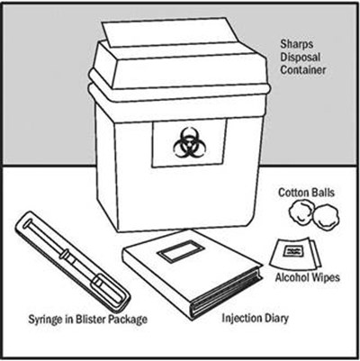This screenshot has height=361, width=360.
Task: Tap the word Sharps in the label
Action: (x=297, y=44)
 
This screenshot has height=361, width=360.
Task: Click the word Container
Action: (x=302, y=70)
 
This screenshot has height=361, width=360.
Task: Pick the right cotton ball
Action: (x=326, y=217)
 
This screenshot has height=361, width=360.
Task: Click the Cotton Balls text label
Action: (x=306, y=193)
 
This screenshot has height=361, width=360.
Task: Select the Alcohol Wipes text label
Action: (x=308, y=277)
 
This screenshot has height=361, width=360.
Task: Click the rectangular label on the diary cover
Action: (x=181, y=250)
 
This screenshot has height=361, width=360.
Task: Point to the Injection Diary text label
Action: (x=255, y=318)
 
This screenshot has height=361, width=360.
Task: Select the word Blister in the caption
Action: (x=88, y=319)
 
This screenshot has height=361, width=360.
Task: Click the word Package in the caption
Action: (x=128, y=320)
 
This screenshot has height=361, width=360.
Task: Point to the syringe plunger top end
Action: (x=28, y=223)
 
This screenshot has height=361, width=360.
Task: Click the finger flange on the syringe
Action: (x=64, y=255)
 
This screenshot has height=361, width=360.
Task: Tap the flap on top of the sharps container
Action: (x=166, y=32)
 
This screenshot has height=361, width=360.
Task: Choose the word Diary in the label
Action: (x=275, y=319)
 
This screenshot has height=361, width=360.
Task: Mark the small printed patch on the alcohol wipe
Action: (x=292, y=251)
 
